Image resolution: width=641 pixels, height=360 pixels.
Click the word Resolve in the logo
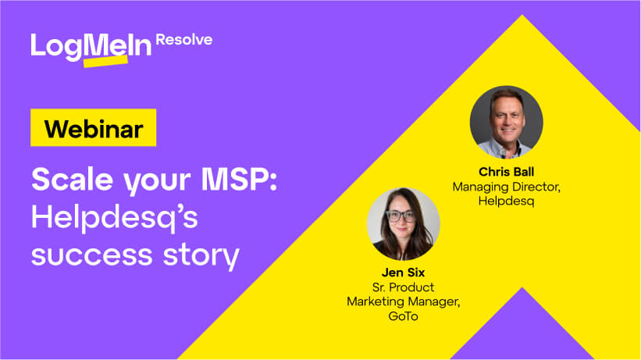[183, 40]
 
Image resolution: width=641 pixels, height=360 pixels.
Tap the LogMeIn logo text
[91, 45]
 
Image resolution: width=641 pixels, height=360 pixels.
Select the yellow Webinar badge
[93, 128]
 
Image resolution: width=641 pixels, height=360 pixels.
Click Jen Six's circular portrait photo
[403, 223]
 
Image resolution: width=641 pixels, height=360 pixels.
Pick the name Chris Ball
[506, 172]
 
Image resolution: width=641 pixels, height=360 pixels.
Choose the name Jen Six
[403, 273]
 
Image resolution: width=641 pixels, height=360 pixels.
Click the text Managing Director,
[506, 187]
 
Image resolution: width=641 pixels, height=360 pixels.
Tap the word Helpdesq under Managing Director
[506, 201]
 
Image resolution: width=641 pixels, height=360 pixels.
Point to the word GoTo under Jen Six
[403, 316]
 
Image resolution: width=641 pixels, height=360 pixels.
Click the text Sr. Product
[403, 287]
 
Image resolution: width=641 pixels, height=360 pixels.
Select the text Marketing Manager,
[403, 302]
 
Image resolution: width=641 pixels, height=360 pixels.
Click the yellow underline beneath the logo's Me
[104, 61]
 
